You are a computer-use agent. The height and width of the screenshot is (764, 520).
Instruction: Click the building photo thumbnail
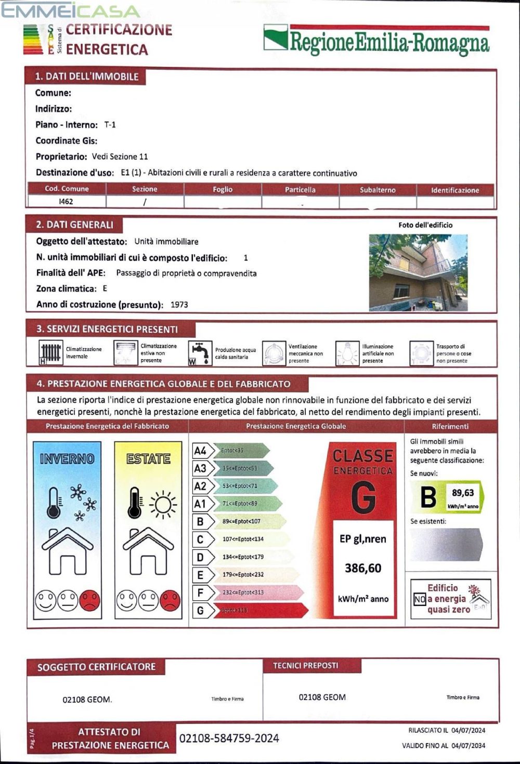tap(418, 272)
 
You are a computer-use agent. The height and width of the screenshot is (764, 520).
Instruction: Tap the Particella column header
tap(300, 190)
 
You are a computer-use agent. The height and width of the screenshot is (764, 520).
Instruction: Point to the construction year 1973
tap(179, 305)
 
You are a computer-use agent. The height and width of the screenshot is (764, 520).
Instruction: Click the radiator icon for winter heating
tap(51, 353)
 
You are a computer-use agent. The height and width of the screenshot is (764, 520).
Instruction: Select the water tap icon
tap(200, 353)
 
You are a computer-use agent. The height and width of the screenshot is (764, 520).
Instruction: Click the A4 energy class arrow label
tap(200, 451)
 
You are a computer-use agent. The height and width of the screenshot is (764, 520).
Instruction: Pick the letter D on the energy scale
tap(200, 557)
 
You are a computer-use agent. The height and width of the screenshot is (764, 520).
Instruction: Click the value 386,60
tap(363, 568)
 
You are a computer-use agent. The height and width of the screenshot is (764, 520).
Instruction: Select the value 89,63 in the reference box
tap(462, 493)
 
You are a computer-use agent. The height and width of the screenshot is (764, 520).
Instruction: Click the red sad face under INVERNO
tap(89, 601)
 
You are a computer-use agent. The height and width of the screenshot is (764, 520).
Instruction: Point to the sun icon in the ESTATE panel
tap(163, 504)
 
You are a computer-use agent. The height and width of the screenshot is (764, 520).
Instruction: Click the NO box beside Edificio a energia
tap(420, 599)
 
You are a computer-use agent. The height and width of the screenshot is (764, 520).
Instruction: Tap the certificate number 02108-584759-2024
tap(229, 738)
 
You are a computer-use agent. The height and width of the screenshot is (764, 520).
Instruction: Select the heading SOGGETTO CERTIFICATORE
tap(96, 667)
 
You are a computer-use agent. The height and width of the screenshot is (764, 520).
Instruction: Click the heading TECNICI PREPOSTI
tap(305, 665)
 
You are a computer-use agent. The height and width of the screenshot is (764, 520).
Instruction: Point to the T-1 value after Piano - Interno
tap(110, 125)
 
